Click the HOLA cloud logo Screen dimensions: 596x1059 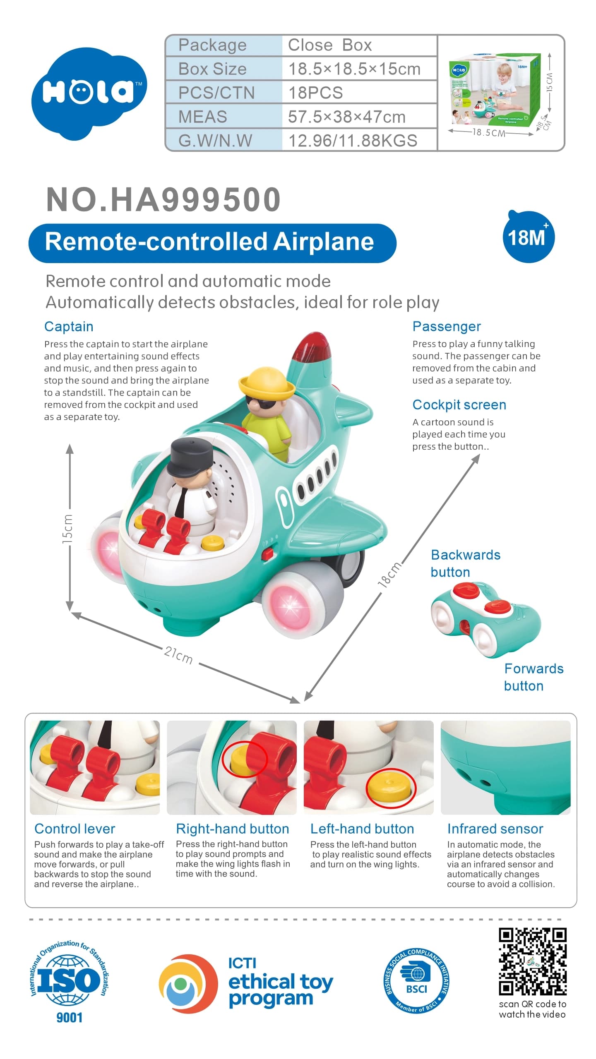pos(89,93)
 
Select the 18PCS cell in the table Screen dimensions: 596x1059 pos(359,92)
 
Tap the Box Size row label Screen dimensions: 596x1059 pos(212,69)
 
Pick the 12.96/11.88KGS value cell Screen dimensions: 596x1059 pos(359,140)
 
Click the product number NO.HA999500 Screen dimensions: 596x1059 pos(163,199)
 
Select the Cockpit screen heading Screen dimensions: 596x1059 pos(459,405)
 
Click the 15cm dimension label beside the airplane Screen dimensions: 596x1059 pos(67,529)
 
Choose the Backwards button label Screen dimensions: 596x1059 pos(465,563)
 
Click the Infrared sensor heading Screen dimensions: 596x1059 pos(495,829)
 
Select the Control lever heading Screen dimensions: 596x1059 pos(75,829)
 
